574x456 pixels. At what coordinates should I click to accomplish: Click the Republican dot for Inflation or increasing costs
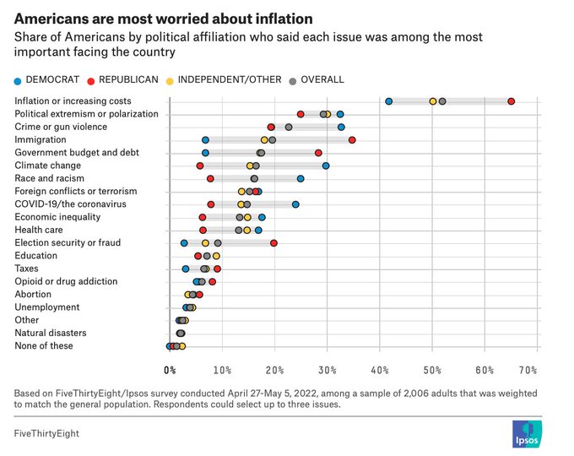(512, 101)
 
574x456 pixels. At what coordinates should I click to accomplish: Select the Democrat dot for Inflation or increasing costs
(389, 101)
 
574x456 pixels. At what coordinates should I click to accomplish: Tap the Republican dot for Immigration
(352, 140)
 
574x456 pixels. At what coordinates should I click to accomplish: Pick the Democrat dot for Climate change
(326, 166)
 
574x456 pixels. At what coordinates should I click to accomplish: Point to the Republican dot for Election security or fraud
(273, 243)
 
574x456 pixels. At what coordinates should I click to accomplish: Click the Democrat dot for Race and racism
(301, 179)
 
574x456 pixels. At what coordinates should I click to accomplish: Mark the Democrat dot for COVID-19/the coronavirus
(295, 204)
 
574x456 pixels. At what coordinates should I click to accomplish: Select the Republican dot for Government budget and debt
(318, 153)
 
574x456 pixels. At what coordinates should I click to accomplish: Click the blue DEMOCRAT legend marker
(19, 79)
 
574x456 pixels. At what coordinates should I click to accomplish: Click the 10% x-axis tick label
(222, 370)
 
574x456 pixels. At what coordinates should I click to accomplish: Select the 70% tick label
(528, 370)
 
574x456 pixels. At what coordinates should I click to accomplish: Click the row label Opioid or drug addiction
(66, 281)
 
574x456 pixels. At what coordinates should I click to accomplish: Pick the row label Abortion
(34, 295)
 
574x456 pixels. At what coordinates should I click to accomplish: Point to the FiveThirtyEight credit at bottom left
(48, 433)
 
